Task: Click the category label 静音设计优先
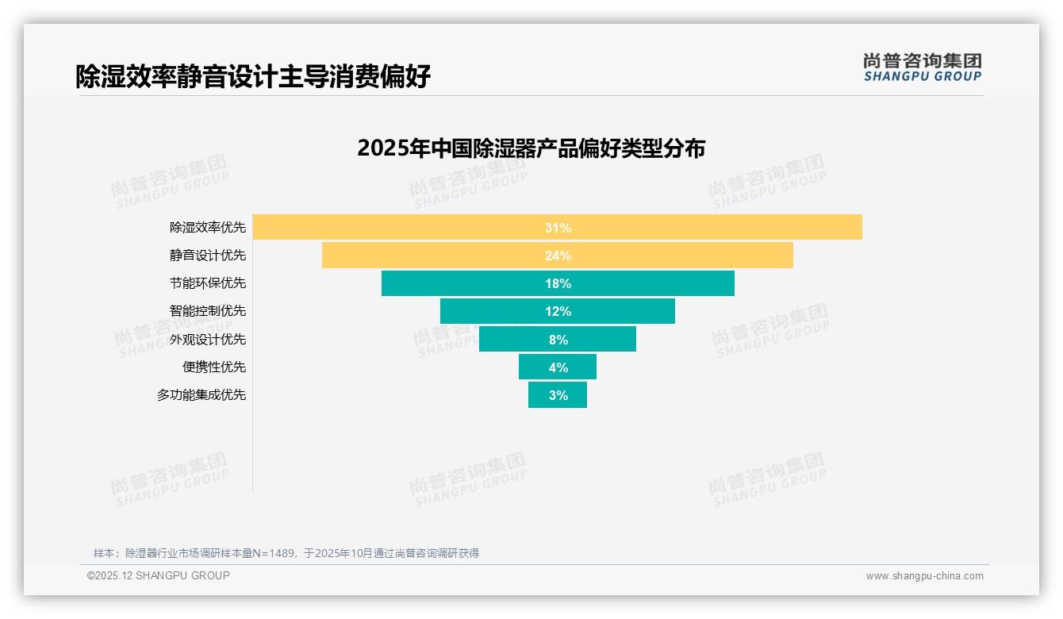click(x=208, y=256)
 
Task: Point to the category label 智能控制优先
click(x=208, y=311)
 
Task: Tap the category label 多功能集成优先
click(x=201, y=394)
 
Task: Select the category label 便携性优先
click(x=214, y=367)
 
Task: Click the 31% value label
click(x=558, y=228)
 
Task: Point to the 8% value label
click(x=558, y=340)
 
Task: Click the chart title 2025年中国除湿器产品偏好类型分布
click(x=531, y=148)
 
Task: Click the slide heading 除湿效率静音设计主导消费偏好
click(x=253, y=76)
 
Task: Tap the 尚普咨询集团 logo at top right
click(x=922, y=67)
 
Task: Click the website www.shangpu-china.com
click(x=924, y=576)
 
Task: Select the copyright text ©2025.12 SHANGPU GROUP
click(x=159, y=575)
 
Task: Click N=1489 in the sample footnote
click(x=273, y=553)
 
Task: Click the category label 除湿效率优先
click(x=208, y=228)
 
